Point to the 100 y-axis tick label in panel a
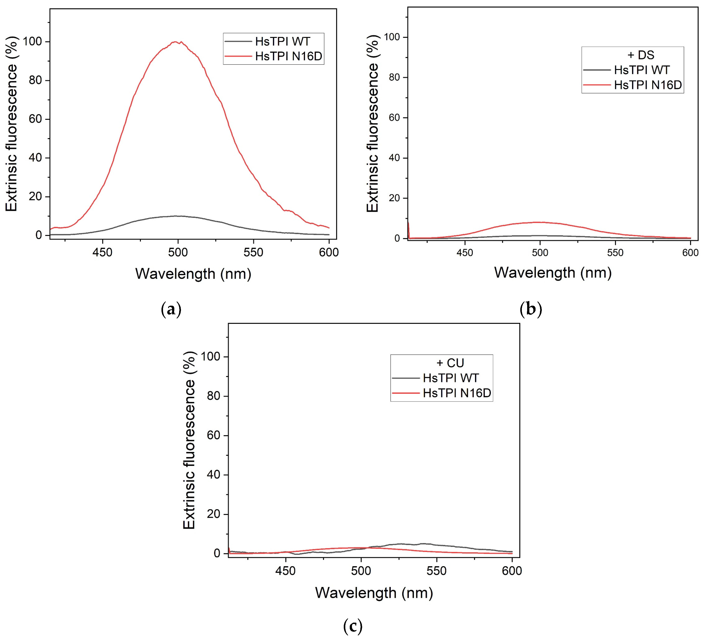coord(32,42)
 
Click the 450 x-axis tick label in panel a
coord(102,252)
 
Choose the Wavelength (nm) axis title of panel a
coord(193,274)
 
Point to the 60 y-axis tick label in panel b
coord(394,118)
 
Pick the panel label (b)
coord(531,309)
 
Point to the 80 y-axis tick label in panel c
coord(213,396)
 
